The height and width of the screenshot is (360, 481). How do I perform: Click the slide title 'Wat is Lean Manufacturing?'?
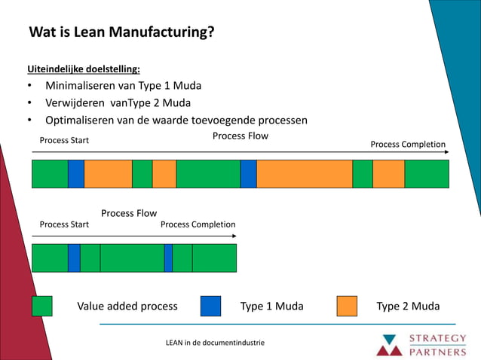[121, 32]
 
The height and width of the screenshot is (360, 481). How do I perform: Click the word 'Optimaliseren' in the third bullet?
[81, 120]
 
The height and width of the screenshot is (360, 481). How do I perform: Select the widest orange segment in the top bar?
[304, 173]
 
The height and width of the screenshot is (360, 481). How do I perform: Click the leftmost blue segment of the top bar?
[75, 173]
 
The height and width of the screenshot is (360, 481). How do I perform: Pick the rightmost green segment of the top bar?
[426, 173]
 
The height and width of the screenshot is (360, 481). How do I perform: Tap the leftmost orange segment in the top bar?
[108, 173]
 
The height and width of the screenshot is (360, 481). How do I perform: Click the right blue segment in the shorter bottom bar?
[168, 258]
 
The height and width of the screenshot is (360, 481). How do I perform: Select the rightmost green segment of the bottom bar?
[214, 258]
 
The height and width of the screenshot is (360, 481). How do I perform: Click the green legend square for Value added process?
[41, 306]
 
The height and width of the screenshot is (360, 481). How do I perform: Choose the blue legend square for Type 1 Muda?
[210, 306]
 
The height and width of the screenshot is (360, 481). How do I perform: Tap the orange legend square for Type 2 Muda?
[347, 306]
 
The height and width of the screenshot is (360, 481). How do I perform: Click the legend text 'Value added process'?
[127, 306]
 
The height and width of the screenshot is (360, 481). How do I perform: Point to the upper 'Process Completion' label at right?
[408, 145]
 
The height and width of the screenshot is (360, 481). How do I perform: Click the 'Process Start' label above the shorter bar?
[64, 224]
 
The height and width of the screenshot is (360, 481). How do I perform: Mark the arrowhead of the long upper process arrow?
[446, 152]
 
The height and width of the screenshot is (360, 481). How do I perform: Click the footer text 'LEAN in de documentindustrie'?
[215, 343]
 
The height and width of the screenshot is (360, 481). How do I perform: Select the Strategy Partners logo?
[421, 343]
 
